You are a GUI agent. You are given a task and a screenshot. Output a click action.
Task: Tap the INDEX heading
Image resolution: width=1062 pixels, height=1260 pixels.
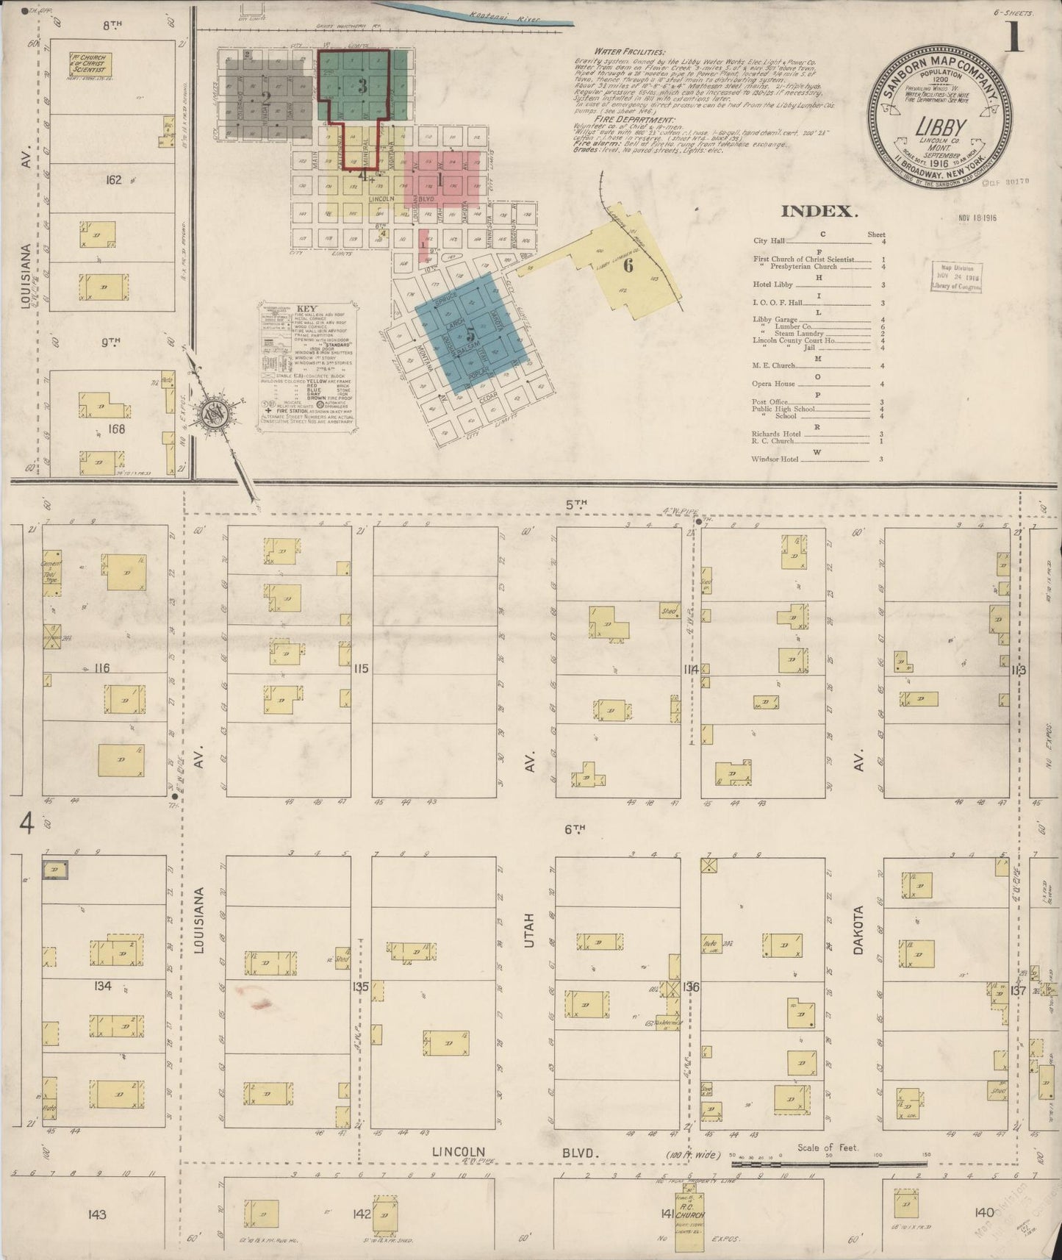[819, 212]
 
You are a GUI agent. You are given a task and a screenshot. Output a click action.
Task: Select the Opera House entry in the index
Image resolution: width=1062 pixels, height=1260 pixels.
[773, 384]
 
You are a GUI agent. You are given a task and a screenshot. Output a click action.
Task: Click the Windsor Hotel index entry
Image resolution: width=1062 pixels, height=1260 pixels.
[775, 459]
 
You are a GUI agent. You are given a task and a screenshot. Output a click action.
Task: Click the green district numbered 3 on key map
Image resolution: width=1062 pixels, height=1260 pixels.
[362, 85]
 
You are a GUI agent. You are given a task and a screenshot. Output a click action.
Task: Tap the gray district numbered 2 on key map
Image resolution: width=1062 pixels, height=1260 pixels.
[266, 98]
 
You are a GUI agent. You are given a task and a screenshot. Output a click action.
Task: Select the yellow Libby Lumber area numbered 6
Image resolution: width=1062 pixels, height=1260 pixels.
[628, 266]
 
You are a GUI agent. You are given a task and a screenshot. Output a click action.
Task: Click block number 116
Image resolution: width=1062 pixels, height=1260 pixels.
[101, 667]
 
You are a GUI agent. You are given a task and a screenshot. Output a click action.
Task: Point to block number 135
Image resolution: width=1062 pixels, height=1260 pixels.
[360, 987]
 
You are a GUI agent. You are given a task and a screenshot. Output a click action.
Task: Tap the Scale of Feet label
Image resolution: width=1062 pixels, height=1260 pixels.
[828, 1148]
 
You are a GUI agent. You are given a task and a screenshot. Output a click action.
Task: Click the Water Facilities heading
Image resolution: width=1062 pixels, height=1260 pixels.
[630, 53]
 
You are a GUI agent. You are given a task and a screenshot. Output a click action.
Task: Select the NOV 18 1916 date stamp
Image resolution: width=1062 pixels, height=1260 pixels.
[977, 218]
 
